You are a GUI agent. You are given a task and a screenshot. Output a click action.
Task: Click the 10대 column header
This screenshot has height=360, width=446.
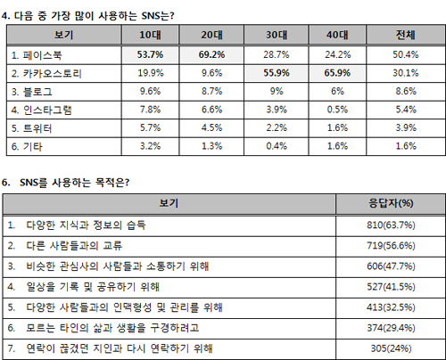tap(150, 35)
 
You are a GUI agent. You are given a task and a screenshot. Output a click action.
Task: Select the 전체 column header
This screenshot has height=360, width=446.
tap(406, 35)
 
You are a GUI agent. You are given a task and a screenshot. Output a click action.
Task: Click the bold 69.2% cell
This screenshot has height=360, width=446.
tap(211, 55)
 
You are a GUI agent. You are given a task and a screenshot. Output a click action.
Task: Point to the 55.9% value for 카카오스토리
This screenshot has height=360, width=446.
tap(277, 73)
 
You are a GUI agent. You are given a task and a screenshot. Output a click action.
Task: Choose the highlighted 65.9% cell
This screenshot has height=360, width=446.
tap(337, 73)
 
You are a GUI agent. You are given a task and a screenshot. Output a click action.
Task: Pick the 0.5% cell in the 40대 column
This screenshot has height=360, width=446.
tap(337, 110)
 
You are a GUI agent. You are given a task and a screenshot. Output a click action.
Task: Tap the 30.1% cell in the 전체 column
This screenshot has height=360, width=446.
tap(406, 73)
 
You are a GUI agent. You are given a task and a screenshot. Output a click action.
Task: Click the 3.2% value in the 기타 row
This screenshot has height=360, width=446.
tap(150, 146)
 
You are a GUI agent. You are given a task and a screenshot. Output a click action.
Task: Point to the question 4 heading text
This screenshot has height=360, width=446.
tap(87, 15)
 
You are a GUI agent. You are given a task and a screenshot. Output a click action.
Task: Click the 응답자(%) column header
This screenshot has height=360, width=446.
tap(391, 203)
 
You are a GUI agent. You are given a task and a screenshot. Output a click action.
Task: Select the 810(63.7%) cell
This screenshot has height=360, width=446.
tap(391, 225)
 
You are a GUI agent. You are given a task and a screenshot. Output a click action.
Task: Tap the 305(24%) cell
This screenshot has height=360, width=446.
tap(391, 348)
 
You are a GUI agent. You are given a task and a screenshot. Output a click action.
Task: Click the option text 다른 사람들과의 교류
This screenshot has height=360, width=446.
tap(74, 246)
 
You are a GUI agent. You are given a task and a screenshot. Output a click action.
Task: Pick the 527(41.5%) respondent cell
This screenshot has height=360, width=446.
tap(391, 287)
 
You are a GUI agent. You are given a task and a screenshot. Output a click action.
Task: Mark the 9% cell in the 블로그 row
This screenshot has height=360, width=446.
tap(277, 91)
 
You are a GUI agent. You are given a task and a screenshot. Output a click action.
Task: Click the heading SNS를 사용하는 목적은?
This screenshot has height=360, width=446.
tap(75, 183)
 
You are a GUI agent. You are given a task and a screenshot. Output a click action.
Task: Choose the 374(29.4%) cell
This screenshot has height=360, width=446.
tap(391, 328)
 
